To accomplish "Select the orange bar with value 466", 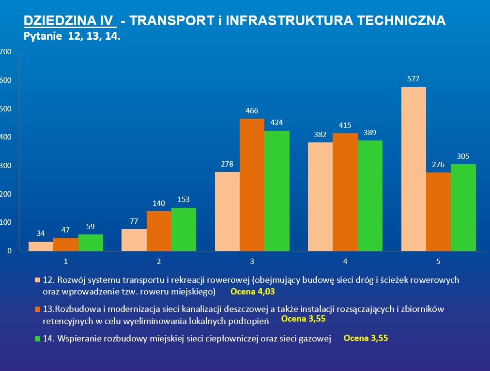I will click(252, 185).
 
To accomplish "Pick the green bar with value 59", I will click(91, 243).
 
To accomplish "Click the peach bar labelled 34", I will click(41, 246).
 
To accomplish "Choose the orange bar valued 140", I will click(159, 231).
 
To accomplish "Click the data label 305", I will click(463, 156).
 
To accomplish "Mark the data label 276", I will click(438, 164).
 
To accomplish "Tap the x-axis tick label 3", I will click(252, 262).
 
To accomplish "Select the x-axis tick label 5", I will click(438, 262).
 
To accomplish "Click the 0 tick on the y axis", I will click(9, 251).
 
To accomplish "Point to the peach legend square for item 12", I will click(38, 280).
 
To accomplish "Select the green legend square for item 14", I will click(38, 340).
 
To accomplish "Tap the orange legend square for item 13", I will click(38, 309).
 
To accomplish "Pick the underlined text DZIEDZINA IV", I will click(70, 21).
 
